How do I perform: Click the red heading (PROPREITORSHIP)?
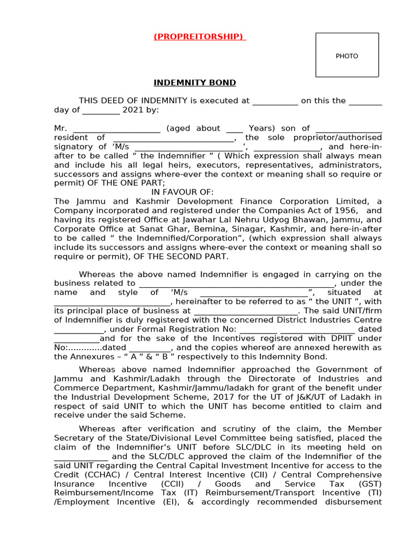point(199,37)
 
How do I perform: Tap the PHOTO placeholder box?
point(347,55)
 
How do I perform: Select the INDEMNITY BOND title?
point(195,83)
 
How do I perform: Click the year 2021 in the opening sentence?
point(133,110)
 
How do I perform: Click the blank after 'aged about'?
point(234,128)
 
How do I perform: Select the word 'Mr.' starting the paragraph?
point(61,128)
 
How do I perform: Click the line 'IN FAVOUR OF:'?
point(182,192)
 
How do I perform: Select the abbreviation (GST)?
point(370,484)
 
